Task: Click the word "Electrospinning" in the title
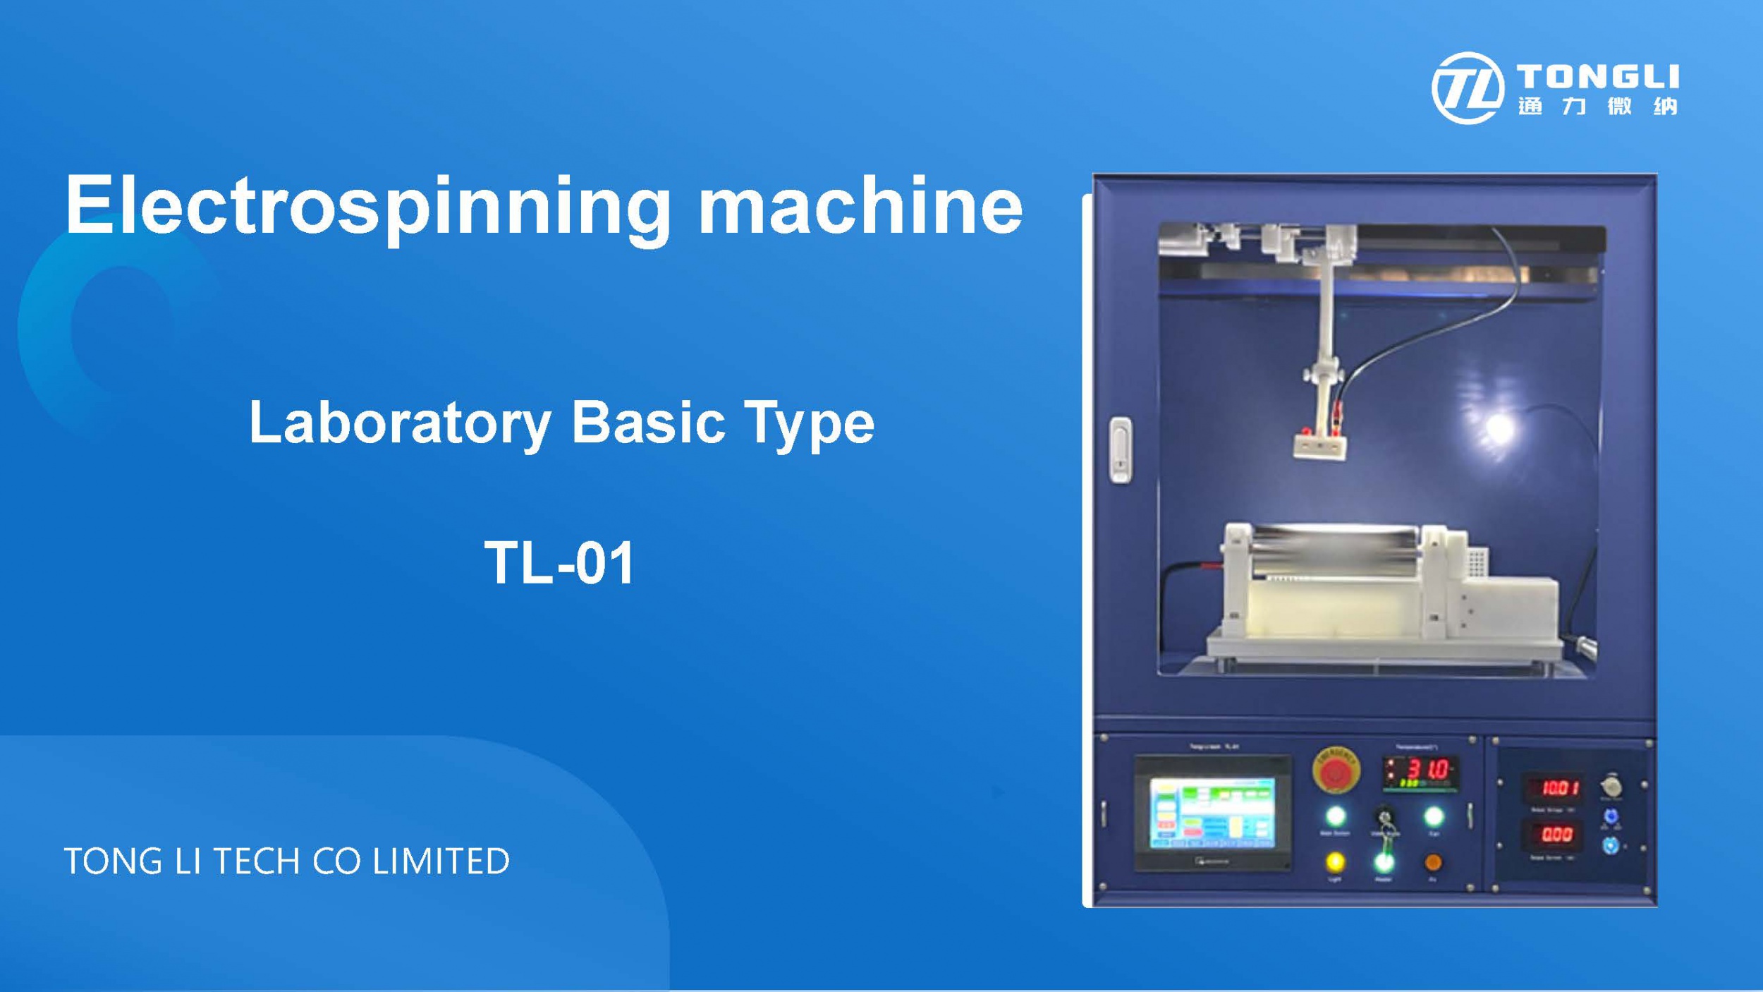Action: tap(367, 206)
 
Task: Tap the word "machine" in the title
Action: tap(860, 206)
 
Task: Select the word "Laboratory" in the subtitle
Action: tap(399, 423)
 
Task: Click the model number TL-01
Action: tap(559, 563)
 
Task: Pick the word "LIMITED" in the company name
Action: tap(440, 861)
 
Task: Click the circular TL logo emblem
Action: tap(1467, 88)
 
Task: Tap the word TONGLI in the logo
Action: tap(1597, 76)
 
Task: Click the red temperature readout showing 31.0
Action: tap(1428, 769)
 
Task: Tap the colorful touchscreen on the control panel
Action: tap(1212, 813)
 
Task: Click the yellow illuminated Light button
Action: tap(1335, 861)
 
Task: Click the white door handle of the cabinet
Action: tap(1121, 450)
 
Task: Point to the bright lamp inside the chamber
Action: tap(1499, 428)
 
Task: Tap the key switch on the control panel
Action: tap(1384, 819)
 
